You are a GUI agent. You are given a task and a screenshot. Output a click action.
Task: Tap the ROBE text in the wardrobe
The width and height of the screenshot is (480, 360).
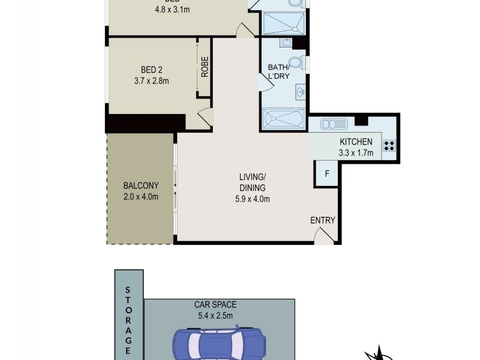205,67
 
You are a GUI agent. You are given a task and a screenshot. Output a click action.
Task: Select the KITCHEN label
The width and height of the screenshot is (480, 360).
356,142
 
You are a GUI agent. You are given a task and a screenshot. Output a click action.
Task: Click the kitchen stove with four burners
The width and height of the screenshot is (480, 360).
389,145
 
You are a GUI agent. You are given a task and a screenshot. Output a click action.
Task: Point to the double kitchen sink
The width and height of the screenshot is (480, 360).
334,124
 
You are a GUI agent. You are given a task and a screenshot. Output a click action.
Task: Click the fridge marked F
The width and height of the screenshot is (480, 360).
327,174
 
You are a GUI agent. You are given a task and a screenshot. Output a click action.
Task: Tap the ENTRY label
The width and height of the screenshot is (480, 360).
323,220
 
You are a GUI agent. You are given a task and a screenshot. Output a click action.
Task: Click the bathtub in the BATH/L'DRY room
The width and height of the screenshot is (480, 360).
283,118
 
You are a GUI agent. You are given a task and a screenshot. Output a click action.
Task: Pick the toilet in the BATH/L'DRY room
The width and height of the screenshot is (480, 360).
295,62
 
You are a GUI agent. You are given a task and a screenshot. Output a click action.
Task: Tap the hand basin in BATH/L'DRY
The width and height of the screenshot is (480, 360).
300,92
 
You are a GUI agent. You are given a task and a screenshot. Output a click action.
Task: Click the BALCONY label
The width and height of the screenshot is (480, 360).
140,186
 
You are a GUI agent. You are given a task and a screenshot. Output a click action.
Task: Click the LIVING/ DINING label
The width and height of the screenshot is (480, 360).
252,182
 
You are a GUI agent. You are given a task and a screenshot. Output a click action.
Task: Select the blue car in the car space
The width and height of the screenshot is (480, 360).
219,346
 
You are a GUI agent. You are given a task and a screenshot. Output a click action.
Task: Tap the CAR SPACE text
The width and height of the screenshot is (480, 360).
219,305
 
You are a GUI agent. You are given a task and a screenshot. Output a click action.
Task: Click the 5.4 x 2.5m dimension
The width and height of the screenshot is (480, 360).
219,316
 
